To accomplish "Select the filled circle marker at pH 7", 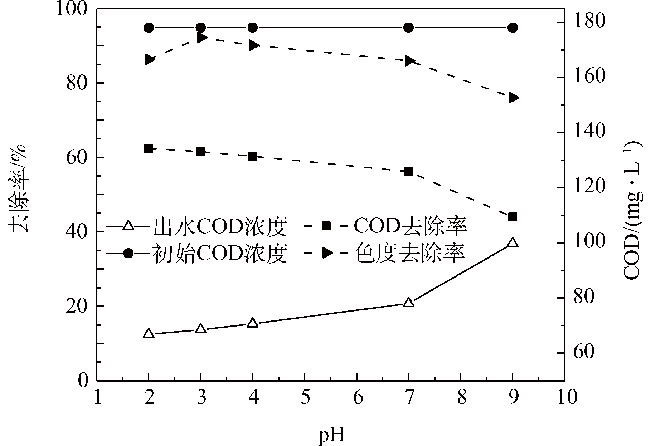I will point(408,28).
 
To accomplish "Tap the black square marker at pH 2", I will point(149,148).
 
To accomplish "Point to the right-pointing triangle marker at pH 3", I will point(201,37).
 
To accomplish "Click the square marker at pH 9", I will point(512,217).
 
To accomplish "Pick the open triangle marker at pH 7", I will point(408,303).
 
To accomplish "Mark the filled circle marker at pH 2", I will point(149,28).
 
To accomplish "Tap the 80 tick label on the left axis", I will point(77,83).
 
